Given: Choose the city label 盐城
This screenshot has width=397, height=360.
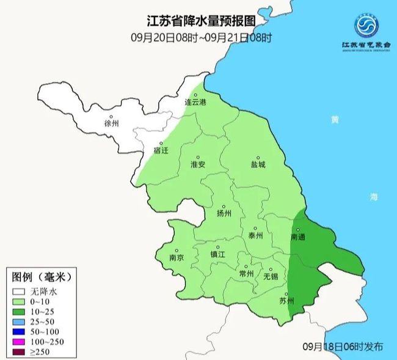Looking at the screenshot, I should pos(258,165).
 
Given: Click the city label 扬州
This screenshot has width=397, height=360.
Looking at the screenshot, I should pos(224,213).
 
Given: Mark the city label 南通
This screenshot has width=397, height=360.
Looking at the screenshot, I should pos(298,236).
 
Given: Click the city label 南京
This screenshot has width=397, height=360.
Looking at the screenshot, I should pos(176,258).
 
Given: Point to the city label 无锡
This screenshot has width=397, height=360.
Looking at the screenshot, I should pos(270,276).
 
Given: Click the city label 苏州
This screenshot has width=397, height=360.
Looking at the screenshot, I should pos(286,301).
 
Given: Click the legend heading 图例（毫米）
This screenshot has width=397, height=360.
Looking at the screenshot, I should pos(42,277).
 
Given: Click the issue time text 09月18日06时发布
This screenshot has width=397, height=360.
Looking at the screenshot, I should pos(343,347).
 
